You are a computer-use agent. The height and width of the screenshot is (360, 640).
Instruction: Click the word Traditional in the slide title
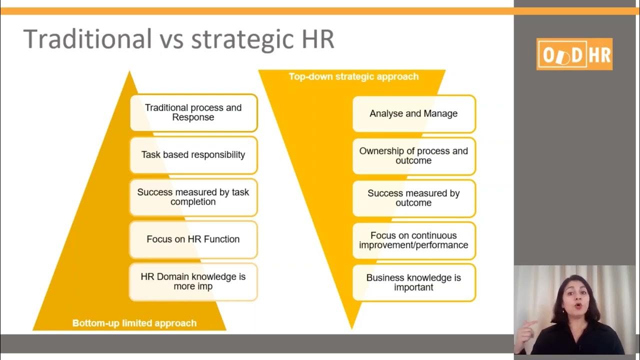coord(87,39)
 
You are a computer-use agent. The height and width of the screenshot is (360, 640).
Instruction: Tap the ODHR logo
coord(574,54)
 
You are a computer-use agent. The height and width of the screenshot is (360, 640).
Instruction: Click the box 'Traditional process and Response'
coord(193,112)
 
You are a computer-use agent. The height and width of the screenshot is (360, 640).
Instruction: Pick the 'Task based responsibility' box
coord(193,155)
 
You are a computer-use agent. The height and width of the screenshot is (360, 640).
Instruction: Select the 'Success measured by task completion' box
coord(193,197)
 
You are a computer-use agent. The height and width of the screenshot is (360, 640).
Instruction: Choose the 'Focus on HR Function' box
coord(193,239)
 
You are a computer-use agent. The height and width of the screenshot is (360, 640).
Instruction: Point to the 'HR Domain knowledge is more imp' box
coord(193,281)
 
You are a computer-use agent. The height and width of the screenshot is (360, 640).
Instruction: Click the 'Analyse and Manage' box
coord(414,114)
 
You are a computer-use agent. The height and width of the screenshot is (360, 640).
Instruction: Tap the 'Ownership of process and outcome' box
coord(414,156)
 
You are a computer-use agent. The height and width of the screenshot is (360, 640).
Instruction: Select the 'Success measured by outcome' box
coord(414,198)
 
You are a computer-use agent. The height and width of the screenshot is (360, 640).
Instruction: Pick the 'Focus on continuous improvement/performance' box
coord(414,240)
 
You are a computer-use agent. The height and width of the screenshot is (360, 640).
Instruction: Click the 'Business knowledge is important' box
coord(414,282)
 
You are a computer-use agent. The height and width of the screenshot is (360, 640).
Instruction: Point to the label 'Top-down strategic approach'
coord(353,77)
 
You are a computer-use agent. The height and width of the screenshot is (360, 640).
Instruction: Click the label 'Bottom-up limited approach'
coord(134,323)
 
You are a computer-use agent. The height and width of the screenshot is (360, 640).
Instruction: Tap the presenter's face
coord(576,297)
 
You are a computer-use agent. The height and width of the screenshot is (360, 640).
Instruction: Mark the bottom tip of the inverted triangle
coord(351,328)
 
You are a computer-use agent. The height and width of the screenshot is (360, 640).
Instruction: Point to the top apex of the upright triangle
coord(130,72)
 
